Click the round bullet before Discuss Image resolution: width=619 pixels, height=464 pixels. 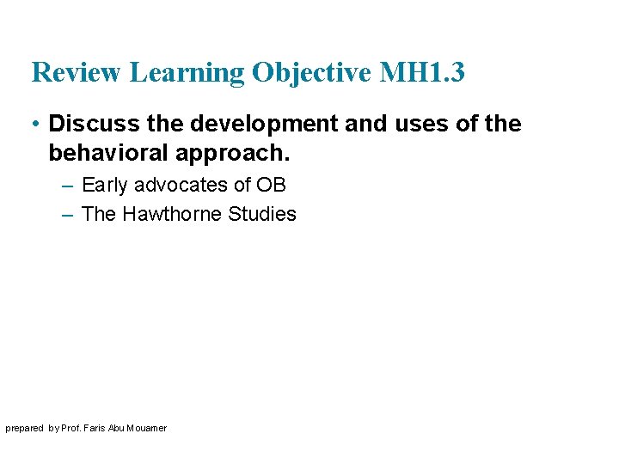[x=35, y=125]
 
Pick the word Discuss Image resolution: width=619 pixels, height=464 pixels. [x=95, y=124]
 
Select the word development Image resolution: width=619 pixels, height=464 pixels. [x=264, y=124]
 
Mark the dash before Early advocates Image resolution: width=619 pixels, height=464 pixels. [x=69, y=186]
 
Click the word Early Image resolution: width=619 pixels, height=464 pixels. [x=104, y=185]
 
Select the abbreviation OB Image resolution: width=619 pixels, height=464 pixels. [x=272, y=185]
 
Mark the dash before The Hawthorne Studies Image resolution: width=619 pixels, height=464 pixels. [x=69, y=215]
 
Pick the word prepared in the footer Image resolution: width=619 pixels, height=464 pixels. [x=25, y=429]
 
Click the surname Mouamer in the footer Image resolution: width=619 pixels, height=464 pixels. [x=147, y=428]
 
